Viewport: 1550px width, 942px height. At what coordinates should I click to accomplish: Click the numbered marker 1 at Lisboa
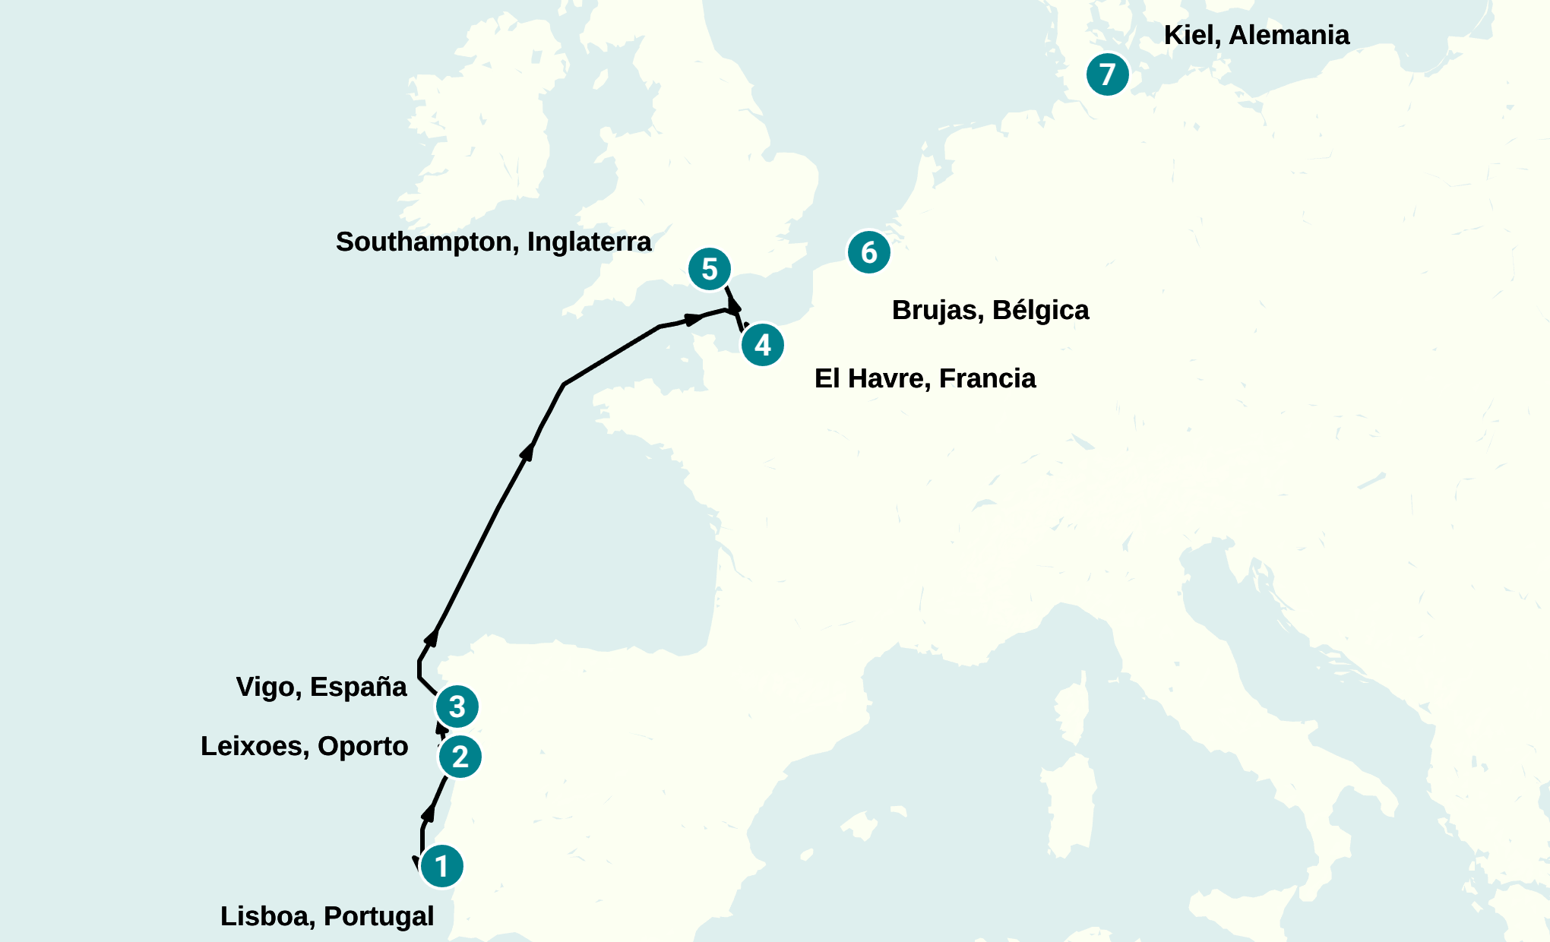coord(441,866)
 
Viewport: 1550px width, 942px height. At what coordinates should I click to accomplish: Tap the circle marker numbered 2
coord(460,757)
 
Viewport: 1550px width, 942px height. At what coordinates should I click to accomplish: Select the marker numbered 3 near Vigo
coord(457,706)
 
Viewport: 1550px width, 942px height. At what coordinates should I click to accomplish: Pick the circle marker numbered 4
coord(762,345)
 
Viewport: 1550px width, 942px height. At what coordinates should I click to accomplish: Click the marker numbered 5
coord(710,269)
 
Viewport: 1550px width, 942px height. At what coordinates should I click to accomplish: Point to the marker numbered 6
coord(868,252)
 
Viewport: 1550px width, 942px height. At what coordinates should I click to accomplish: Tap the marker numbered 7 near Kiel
coord(1107,74)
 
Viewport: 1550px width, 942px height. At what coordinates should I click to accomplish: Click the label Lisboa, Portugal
coord(327,916)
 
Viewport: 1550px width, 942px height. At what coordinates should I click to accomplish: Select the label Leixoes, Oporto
coord(304,746)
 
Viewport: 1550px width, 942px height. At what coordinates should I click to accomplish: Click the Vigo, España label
coord(321,687)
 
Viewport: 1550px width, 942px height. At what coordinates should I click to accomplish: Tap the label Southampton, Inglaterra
coord(493,242)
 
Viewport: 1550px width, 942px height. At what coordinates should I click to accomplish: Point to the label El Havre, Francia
coord(925,378)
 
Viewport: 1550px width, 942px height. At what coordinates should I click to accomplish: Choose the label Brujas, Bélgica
coord(990,310)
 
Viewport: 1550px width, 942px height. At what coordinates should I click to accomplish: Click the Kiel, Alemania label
coord(1256,35)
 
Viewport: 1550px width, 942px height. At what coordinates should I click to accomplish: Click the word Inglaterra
coord(589,242)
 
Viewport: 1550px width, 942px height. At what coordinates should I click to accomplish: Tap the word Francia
coord(987,378)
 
